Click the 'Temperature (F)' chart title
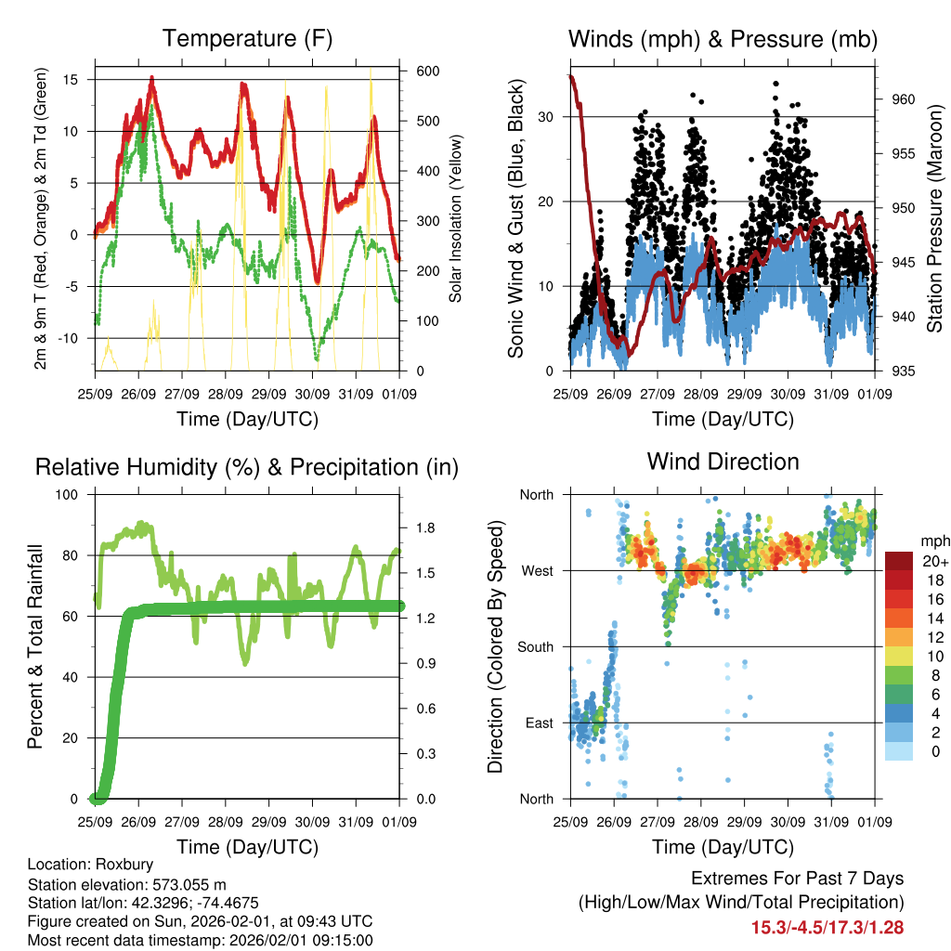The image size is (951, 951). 247,39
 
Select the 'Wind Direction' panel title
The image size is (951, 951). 723,462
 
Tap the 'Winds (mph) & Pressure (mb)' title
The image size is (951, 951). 723,39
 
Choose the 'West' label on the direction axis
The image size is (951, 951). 537,570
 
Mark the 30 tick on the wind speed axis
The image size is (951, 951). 551,117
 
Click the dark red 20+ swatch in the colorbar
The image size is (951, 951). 898,561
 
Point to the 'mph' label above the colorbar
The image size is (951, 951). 932,541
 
